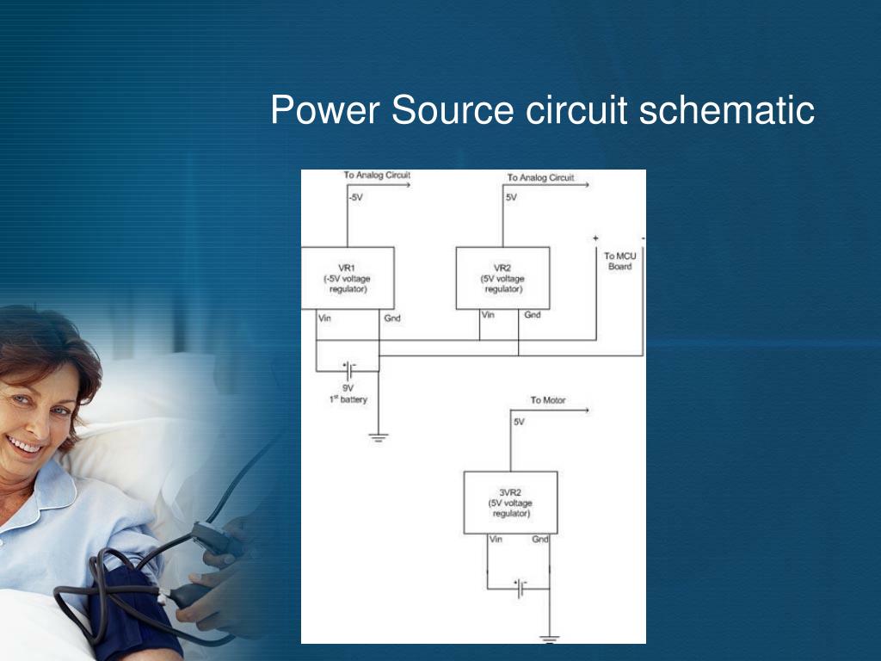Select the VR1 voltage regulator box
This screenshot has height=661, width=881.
pos(347,278)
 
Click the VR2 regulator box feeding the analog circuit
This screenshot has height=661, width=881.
pos(502,278)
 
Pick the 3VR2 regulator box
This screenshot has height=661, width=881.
pos(510,503)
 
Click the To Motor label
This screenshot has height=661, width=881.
pos(548,400)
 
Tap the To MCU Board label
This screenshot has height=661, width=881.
pos(619,261)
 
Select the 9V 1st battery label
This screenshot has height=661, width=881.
pos(348,393)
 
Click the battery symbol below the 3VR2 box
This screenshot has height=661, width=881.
pos(520,588)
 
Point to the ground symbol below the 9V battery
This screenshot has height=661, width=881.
pos(379,437)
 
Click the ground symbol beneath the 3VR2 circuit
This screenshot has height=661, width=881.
pos(549,639)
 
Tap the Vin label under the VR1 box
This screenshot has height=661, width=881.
pos(325,318)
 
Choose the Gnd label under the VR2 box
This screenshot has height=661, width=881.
pos(533,315)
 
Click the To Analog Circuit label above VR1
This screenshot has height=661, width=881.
pos(377,176)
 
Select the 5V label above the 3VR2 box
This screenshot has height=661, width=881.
pos(519,422)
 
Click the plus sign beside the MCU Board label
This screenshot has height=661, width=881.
pos(595,238)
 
